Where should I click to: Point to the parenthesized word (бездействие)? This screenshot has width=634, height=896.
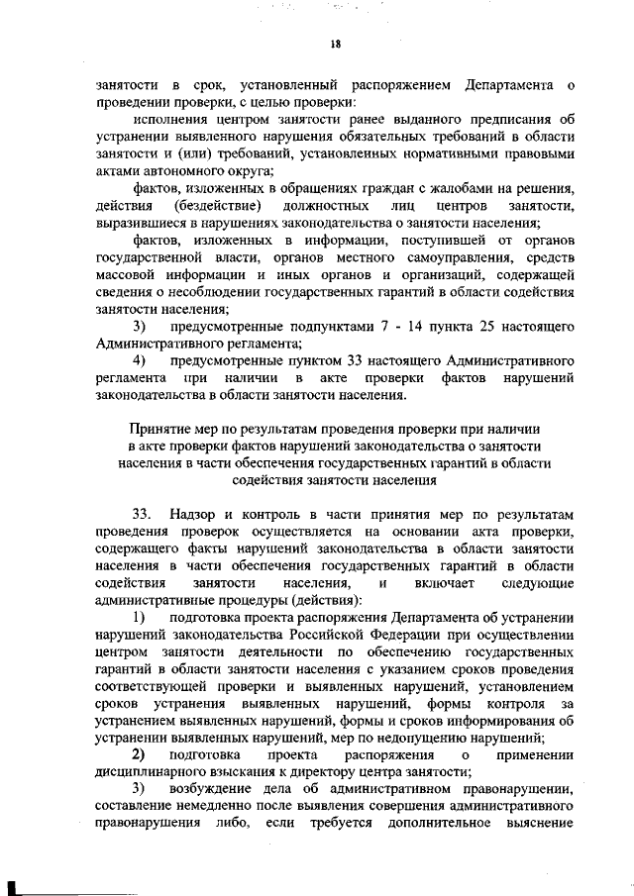pos(219,206)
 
